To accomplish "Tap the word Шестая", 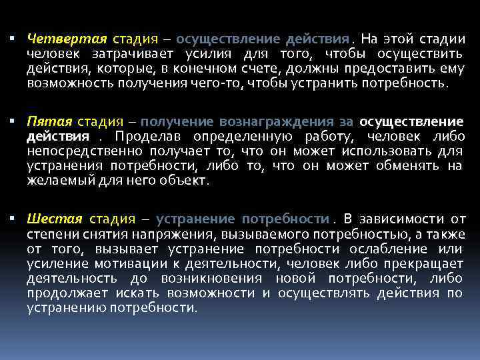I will [x=55, y=218].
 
